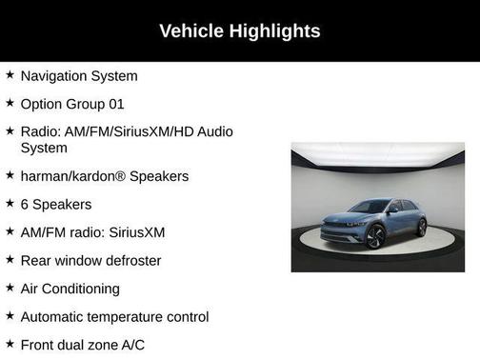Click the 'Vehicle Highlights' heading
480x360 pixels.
[239, 31]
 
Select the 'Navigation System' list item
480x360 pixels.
[79, 75]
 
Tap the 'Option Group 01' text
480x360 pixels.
[72, 103]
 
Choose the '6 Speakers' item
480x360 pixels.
[56, 204]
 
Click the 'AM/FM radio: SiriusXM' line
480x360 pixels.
[92, 231]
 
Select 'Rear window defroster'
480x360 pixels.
[90, 260]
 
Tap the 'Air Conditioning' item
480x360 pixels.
[70, 288]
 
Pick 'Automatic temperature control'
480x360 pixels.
[114, 316]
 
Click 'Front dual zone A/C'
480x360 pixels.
[83, 344]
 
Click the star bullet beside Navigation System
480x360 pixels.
[10, 74]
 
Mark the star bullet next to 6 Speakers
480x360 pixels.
[10, 203]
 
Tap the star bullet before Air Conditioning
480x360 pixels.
[10, 287]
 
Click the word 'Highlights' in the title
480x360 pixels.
[276, 31]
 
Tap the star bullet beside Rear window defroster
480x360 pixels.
[10, 259]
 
